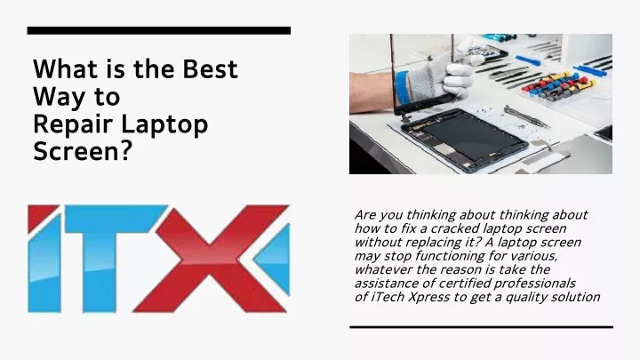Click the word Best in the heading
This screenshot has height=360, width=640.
pos(210,69)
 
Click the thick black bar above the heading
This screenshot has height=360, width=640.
pos(159,30)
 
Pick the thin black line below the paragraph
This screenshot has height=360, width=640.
pos(481,327)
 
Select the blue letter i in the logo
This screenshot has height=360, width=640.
pos(44,259)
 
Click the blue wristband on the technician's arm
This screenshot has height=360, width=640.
pos(402,88)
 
